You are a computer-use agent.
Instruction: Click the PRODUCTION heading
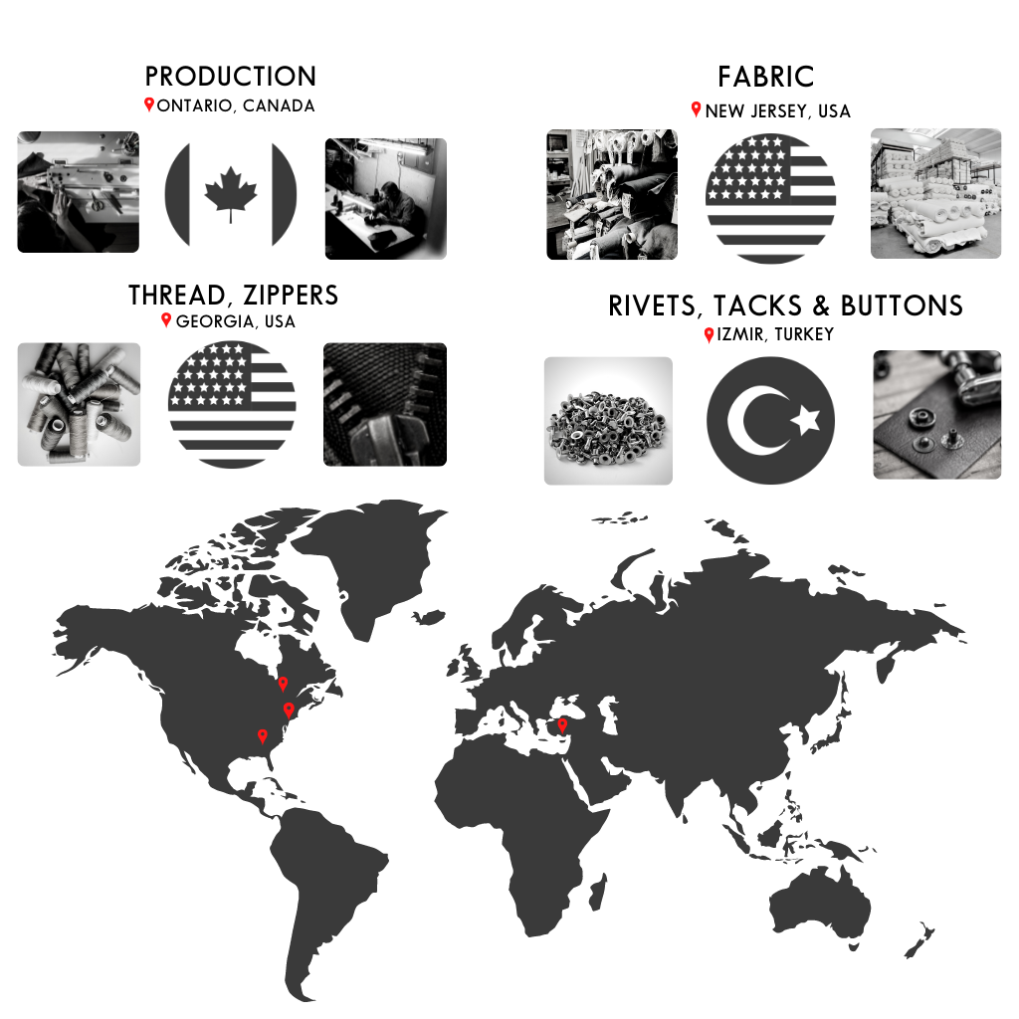pyautogui.click(x=231, y=77)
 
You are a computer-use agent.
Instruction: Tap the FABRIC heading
pyautogui.click(x=766, y=77)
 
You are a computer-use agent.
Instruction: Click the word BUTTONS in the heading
pyautogui.click(x=902, y=306)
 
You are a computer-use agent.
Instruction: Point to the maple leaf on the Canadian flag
pyautogui.click(x=231, y=194)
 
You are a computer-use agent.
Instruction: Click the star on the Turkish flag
pyautogui.click(x=806, y=420)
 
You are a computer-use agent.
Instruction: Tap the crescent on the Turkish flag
pyautogui.click(x=754, y=421)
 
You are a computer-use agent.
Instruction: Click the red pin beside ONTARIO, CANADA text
pyautogui.click(x=149, y=103)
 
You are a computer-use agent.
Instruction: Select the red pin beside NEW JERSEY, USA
pyautogui.click(x=696, y=109)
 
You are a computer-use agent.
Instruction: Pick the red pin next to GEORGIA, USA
pyautogui.click(x=166, y=319)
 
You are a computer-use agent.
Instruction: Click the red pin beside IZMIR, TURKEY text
pyautogui.click(x=709, y=334)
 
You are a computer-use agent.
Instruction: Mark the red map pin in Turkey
pyautogui.click(x=563, y=725)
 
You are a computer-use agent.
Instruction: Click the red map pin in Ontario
pyautogui.click(x=284, y=684)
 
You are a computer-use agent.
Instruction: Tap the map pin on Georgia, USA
pyautogui.click(x=263, y=736)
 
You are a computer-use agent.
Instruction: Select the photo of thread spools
pyautogui.click(x=79, y=404)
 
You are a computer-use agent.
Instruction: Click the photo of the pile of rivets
pyautogui.click(x=608, y=421)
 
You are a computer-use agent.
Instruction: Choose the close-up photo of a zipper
pyautogui.click(x=385, y=404)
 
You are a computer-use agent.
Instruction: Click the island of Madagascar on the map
pyautogui.click(x=598, y=892)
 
